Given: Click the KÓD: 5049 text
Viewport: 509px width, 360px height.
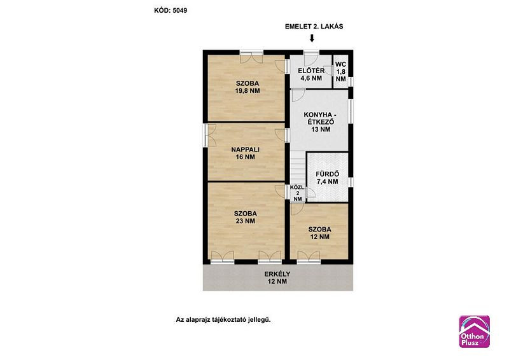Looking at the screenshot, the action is (x=171, y=10).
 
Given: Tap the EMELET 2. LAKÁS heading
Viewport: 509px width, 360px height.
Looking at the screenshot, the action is (x=314, y=27).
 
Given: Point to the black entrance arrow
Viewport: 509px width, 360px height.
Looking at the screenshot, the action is (x=312, y=39).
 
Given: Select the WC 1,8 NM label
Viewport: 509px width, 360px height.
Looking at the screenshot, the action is (x=340, y=72).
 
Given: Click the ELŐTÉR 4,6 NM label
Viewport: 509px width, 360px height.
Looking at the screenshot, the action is (x=311, y=74).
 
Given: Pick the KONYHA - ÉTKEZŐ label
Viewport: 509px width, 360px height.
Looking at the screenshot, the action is (x=321, y=122).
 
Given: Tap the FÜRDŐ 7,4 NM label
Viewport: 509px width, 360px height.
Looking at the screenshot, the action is (x=327, y=178).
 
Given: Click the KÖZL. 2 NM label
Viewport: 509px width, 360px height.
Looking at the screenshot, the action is (x=297, y=193).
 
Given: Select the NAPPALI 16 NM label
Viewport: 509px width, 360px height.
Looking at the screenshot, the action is (x=246, y=153).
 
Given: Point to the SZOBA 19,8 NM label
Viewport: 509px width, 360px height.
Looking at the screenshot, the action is (x=248, y=87).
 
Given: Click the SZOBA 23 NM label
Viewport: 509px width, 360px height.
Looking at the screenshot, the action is (x=246, y=217).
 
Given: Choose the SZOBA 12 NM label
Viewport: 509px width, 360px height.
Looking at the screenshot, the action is (x=320, y=233).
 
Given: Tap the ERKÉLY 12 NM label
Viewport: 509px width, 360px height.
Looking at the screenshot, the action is (x=277, y=277).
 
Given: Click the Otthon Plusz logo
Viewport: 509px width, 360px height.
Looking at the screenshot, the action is (x=474, y=331).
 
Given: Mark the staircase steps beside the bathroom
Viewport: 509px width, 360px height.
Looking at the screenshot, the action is (x=298, y=167).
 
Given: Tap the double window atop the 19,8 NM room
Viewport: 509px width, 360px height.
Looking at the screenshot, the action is (x=251, y=57).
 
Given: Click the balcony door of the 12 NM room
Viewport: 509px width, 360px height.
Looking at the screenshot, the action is (x=309, y=256).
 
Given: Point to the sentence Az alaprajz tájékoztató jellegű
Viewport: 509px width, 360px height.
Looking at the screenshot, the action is (x=223, y=320).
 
